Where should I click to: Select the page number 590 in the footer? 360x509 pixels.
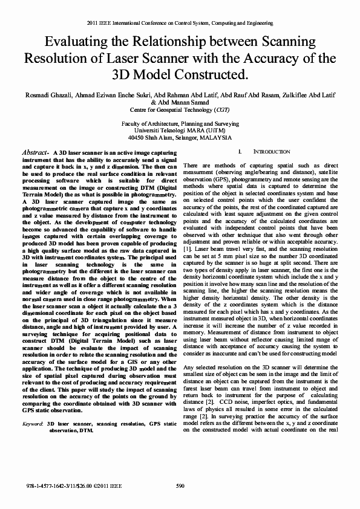180,486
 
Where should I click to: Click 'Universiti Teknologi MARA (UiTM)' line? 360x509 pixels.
180,129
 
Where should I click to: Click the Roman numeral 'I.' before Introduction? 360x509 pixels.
240,152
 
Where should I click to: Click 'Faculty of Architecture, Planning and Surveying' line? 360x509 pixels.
180,123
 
